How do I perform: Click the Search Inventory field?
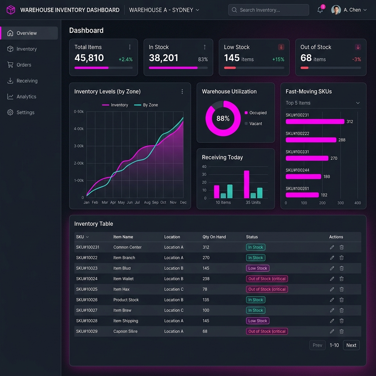[x=268, y=10]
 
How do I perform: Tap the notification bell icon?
[x=320, y=10]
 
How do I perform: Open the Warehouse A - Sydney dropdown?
[x=164, y=10]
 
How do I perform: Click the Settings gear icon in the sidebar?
[x=10, y=112]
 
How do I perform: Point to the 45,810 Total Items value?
[x=89, y=58]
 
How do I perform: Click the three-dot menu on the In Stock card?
[x=205, y=47]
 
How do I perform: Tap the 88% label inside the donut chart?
[x=223, y=118]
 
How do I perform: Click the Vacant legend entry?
[x=253, y=123]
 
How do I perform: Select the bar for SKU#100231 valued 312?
[x=315, y=122]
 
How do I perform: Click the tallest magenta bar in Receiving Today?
[x=246, y=184]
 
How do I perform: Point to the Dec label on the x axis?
[x=183, y=202]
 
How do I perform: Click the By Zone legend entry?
[x=146, y=105]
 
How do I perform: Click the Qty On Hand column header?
[x=214, y=237]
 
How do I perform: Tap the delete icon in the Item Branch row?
[x=341, y=257]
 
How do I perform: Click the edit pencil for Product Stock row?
[x=332, y=300]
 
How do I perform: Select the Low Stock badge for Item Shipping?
[x=257, y=321]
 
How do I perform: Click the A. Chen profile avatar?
[x=336, y=10]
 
